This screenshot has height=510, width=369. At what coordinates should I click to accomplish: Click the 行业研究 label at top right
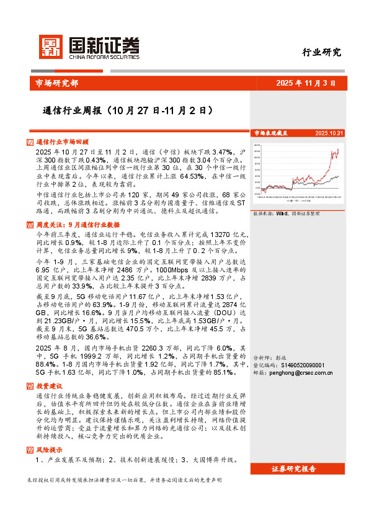coord(322,52)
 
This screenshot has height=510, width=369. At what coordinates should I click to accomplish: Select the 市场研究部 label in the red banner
coord(54,83)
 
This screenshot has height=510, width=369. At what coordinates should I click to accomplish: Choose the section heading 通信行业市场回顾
coord(63,142)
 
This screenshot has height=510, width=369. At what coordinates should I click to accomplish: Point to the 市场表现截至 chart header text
coord(271,133)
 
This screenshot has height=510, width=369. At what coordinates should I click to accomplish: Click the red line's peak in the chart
coord(339,150)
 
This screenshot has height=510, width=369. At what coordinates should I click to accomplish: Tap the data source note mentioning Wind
coord(286,213)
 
